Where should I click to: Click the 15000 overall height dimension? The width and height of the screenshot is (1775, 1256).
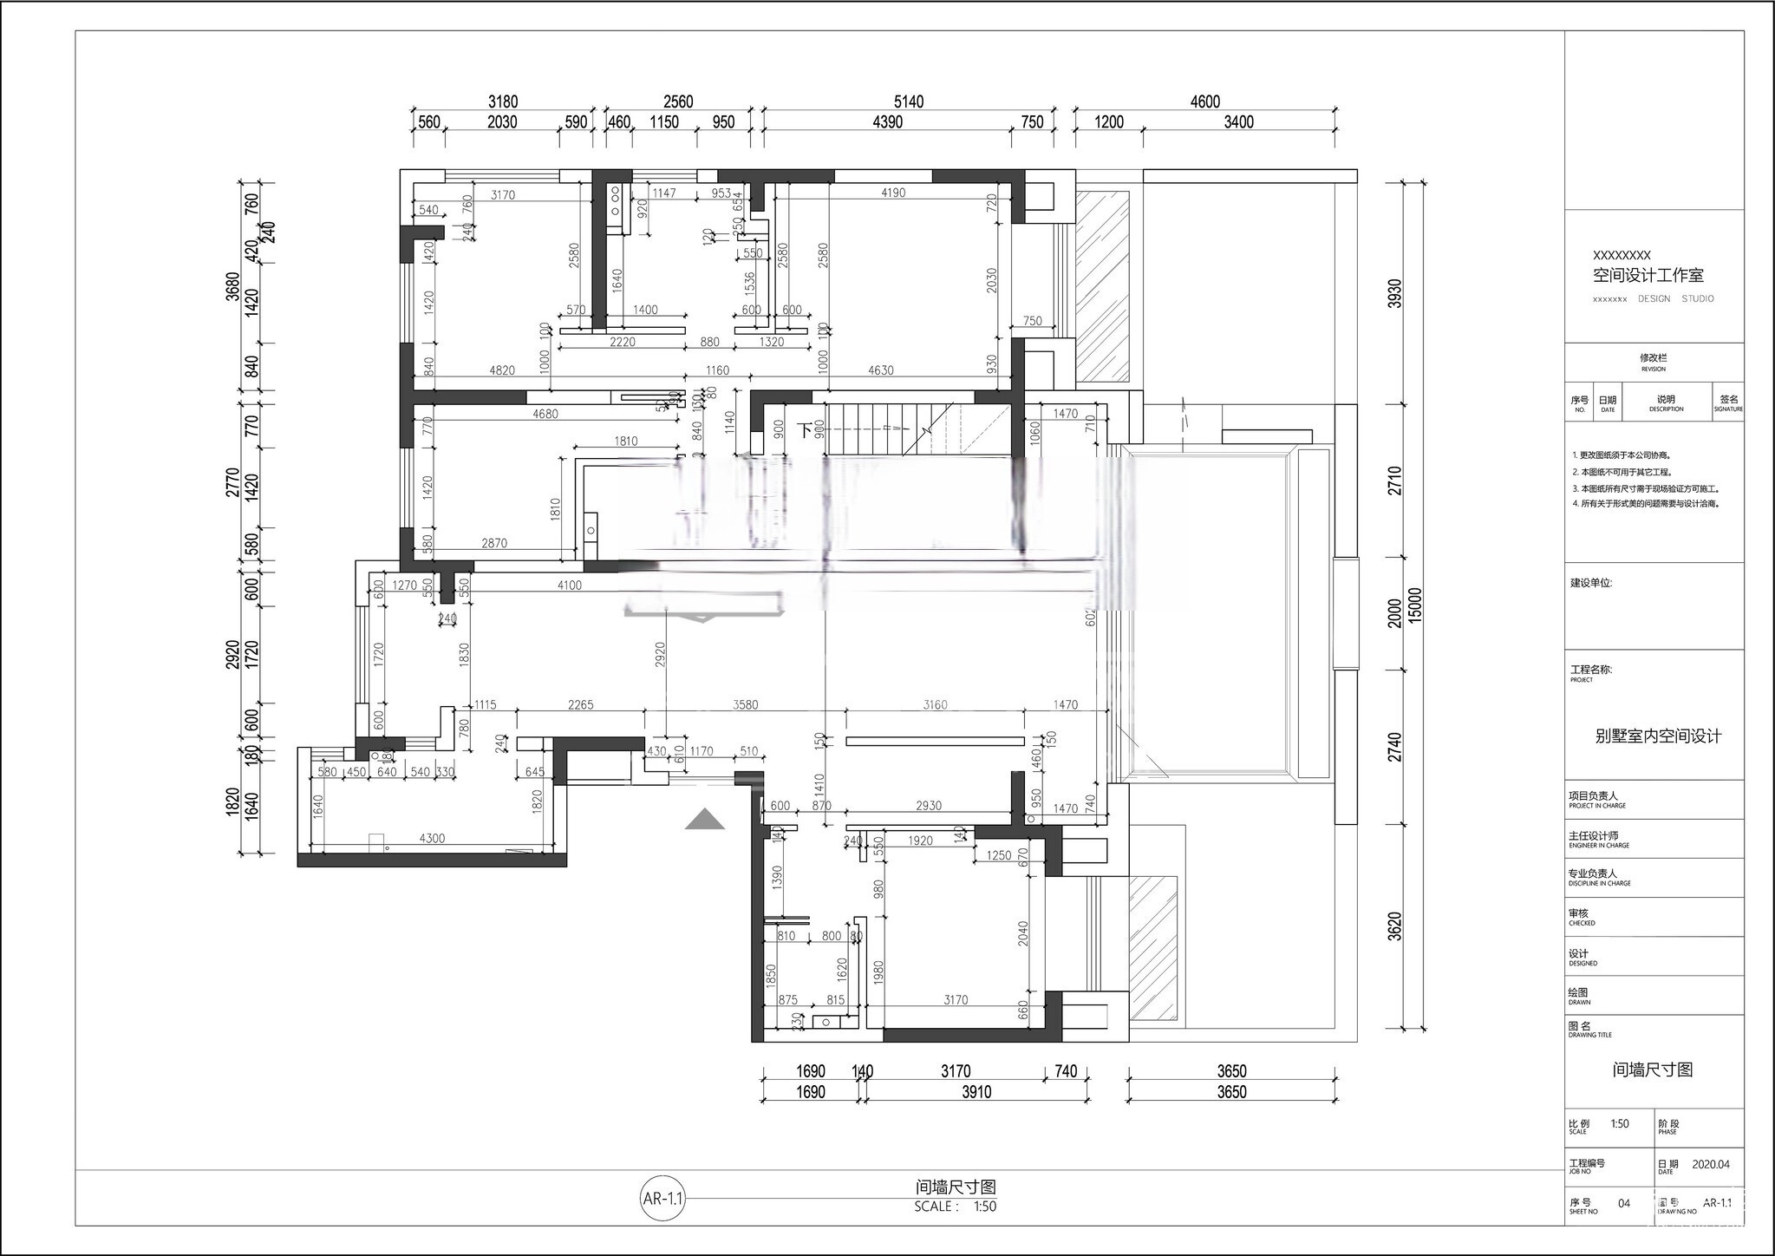1415,605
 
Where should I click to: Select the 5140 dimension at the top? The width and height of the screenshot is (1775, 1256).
908,101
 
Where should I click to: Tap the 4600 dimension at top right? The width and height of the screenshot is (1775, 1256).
1204,101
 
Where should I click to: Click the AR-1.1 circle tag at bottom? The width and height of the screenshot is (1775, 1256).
663,1200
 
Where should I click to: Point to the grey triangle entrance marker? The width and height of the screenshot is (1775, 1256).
704,820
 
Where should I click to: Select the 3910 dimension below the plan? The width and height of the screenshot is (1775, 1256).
976,1092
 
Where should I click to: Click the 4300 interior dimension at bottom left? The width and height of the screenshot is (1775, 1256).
432,838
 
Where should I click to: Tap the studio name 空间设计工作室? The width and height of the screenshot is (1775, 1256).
1648,276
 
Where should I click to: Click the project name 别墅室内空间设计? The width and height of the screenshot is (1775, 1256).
1658,736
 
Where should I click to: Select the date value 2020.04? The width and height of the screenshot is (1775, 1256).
1710,1164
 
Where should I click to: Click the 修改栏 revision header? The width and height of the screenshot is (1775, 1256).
1653,357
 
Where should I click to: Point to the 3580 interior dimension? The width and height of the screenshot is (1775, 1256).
745,704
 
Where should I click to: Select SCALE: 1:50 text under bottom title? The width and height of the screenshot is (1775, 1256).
955,1207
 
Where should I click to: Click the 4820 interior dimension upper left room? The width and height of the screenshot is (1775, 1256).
502,370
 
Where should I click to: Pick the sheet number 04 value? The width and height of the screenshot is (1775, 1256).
1624,1203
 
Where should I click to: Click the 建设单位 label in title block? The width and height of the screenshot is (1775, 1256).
1590,583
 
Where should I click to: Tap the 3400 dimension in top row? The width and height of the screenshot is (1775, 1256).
1238,122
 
